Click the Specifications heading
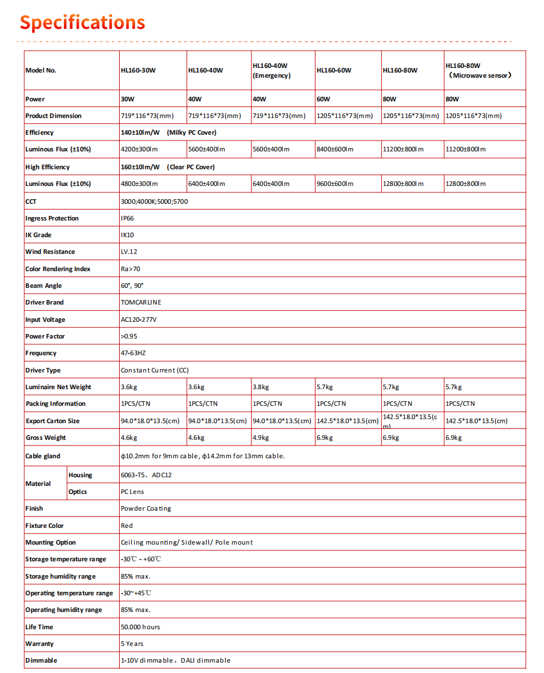click(82, 22)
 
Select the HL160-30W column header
click(138, 70)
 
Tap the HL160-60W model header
click(333, 70)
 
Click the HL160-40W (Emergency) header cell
click(271, 71)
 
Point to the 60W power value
click(324, 99)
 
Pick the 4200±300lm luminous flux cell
click(139, 149)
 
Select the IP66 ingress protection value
click(128, 218)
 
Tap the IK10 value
click(127, 235)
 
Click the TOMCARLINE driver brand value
click(141, 302)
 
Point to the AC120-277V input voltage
click(139, 320)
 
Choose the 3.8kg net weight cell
click(261, 387)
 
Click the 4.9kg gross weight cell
click(261, 438)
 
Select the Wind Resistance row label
click(50, 252)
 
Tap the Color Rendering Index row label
click(58, 269)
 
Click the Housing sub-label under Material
click(80, 475)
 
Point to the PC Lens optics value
click(132, 492)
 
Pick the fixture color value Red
click(127, 526)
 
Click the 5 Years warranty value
click(132, 644)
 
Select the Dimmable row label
click(41, 660)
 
